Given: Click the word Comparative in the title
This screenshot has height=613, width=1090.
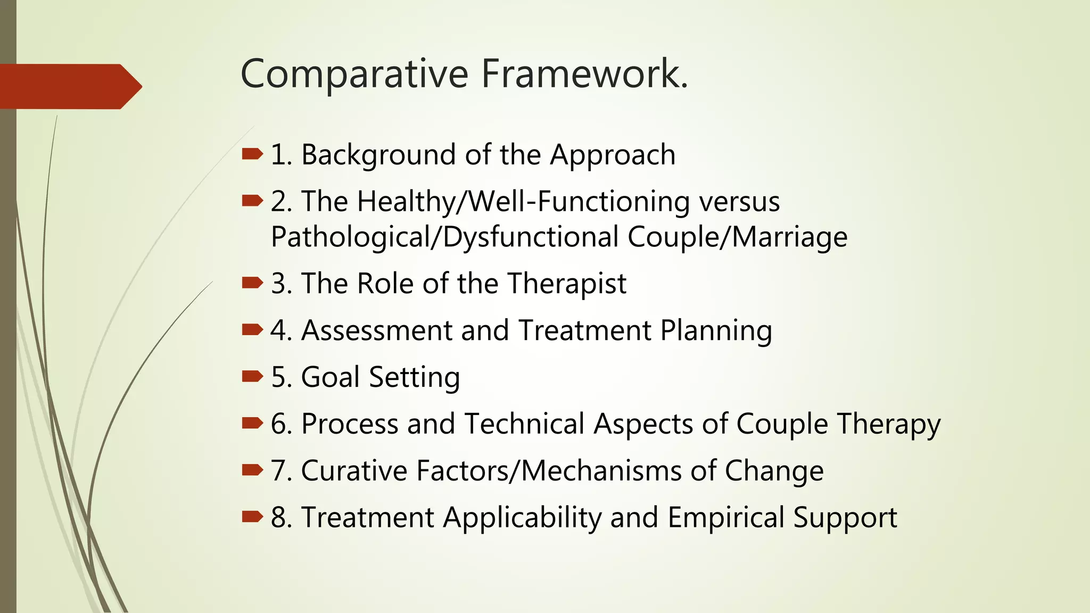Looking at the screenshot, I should (354, 74).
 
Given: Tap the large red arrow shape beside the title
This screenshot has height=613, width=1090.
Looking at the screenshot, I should (69, 86).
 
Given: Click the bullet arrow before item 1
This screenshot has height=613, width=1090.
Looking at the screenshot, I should (252, 154).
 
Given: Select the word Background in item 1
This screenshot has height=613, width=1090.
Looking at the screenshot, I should (378, 155).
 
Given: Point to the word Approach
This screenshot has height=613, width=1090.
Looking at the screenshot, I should (613, 156).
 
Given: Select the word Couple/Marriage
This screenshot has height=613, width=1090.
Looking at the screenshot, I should (737, 237).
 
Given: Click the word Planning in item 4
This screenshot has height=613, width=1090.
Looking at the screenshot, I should (716, 332).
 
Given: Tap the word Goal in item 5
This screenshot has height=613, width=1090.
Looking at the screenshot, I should (330, 377).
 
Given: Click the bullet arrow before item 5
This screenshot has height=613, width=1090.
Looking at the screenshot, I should (252, 377).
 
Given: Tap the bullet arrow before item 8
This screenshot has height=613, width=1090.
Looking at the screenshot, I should (252, 516).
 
